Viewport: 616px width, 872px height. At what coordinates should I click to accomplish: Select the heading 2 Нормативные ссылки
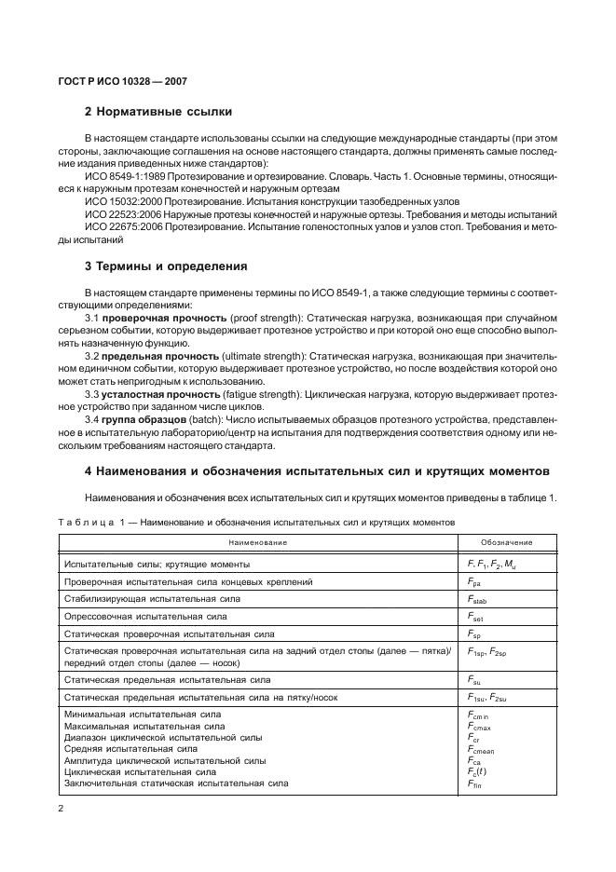pyautogui.click(x=158, y=114)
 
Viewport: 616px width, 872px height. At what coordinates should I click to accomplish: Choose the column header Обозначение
pyautogui.click(x=506, y=542)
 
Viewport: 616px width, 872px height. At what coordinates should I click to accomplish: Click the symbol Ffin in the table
pyautogui.click(x=474, y=783)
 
